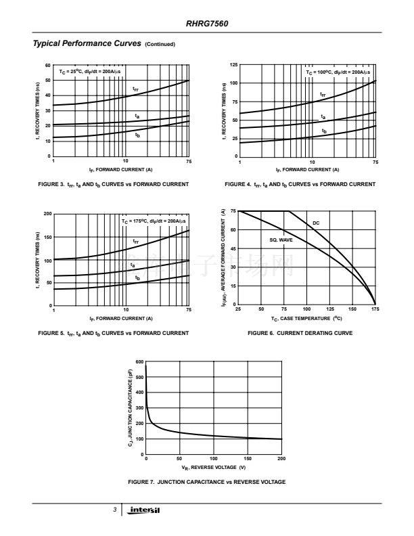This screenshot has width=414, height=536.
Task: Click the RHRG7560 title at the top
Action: pyautogui.click(x=207, y=23)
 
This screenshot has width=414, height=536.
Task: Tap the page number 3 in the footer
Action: pyautogui.click(x=115, y=510)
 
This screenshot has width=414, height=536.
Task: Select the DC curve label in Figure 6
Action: pyautogui.click(x=316, y=223)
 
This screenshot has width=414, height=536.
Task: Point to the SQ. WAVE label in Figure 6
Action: pyautogui.click(x=281, y=240)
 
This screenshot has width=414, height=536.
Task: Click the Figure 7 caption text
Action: pyautogui.click(x=206, y=482)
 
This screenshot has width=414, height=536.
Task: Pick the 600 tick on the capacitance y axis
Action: pyautogui.click(x=139, y=362)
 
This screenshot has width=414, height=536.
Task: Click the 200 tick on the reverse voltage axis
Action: pyautogui.click(x=281, y=459)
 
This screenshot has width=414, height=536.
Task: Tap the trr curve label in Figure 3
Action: pyautogui.click(x=135, y=89)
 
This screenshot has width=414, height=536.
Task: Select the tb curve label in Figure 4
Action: pyautogui.click(x=324, y=131)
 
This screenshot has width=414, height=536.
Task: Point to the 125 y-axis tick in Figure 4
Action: pyautogui.click(x=233, y=65)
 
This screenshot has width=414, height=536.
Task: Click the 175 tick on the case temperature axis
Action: pyautogui.click(x=375, y=309)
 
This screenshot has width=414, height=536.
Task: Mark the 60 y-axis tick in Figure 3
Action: pyautogui.click(x=48, y=65)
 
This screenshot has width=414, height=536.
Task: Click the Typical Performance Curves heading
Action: pyautogui.click(x=88, y=43)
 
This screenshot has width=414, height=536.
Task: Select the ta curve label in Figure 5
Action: pyautogui.click(x=133, y=265)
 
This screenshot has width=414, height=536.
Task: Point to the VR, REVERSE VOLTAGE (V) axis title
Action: pyautogui.click(x=213, y=468)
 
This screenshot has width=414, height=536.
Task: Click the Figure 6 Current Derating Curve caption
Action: pyautogui.click(x=300, y=333)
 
